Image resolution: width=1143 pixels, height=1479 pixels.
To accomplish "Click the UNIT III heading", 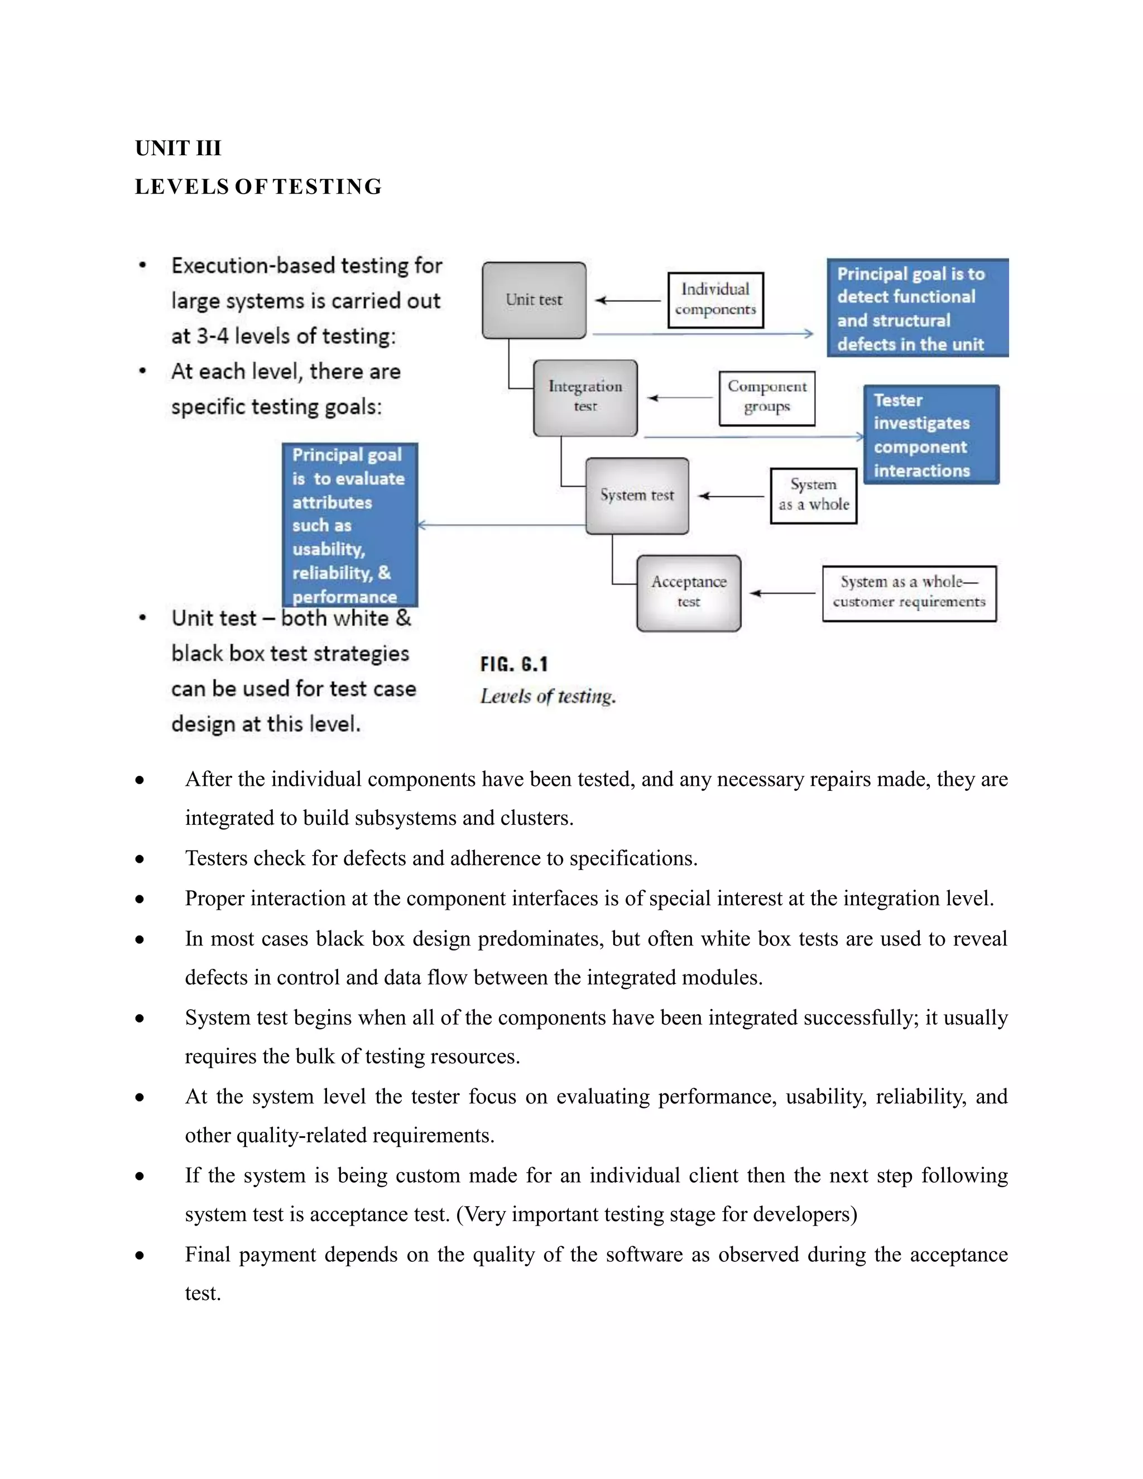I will pyautogui.click(x=178, y=148).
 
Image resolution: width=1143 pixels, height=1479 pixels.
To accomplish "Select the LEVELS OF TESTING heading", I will pyautogui.click(x=258, y=187).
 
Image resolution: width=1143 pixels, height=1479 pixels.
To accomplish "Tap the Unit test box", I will pyautogui.click(x=534, y=300).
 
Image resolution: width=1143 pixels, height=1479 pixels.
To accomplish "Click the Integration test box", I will pyautogui.click(x=585, y=397).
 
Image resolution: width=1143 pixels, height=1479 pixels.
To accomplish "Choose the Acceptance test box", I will pyautogui.click(x=688, y=593).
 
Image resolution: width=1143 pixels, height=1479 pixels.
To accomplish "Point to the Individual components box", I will pyautogui.click(x=715, y=300).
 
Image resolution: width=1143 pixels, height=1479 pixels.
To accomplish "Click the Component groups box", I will pyautogui.click(x=766, y=397).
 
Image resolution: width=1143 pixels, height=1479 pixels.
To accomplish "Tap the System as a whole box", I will pyautogui.click(x=813, y=496).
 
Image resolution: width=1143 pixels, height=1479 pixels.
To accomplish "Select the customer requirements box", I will pyautogui.click(x=909, y=593).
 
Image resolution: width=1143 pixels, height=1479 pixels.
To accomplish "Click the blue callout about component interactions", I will pyautogui.click(x=931, y=435).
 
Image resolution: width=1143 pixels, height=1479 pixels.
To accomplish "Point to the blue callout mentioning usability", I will pyautogui.click(x=349, y=525).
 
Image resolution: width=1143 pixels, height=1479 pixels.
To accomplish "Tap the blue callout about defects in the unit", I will pyautogui.click(x=918, y=308).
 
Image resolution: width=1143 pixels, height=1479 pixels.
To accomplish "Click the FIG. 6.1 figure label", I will pyautogui.click(x=514, y=664).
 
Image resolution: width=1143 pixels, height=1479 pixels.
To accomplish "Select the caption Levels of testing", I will pyautogui.click(x=548, y=697).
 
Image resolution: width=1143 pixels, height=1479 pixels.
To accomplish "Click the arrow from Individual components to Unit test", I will pyautogui.click(x=628, y=301).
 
